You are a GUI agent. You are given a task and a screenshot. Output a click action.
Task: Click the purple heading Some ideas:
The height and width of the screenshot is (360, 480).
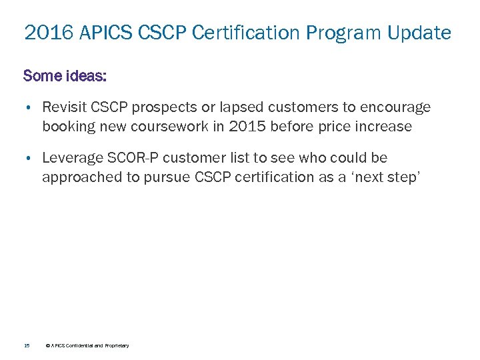[65, 75]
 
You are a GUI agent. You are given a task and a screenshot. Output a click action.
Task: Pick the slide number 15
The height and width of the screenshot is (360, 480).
[26, 345]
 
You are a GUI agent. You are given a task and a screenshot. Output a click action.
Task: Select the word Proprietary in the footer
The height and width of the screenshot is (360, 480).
[115, 345]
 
